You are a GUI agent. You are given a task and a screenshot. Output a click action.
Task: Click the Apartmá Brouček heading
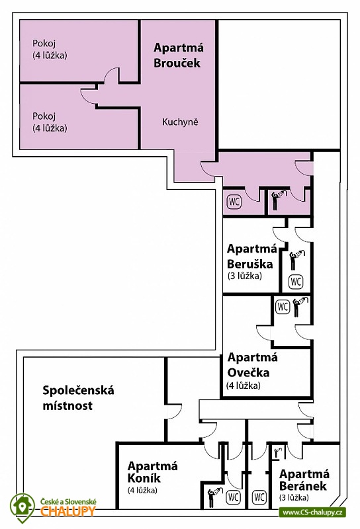178,56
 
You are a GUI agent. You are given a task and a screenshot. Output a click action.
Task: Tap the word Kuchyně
180,122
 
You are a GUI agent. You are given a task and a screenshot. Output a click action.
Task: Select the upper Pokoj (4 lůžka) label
50,49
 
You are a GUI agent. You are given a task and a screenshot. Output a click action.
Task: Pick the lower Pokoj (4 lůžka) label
50,122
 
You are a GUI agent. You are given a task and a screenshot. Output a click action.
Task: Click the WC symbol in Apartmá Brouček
234,202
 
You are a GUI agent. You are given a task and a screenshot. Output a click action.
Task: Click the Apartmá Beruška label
251,261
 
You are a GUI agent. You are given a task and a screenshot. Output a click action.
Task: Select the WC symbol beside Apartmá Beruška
296,282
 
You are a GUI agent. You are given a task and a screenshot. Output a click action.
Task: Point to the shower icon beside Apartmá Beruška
296,260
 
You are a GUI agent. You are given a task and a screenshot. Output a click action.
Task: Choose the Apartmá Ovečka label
251,370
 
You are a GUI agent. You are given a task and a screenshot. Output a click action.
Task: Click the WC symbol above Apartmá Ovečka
283,307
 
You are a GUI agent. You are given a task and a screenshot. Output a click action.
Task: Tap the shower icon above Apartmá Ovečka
300,307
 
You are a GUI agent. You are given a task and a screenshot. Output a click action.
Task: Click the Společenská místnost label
78,398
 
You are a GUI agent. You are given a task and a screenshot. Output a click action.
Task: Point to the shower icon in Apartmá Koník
215,497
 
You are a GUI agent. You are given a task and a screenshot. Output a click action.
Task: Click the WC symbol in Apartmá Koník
233,497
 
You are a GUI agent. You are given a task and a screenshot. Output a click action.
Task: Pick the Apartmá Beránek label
304,485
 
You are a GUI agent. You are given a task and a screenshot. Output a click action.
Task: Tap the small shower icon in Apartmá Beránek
278,453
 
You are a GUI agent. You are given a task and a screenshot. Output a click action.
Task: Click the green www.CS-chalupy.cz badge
312,512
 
